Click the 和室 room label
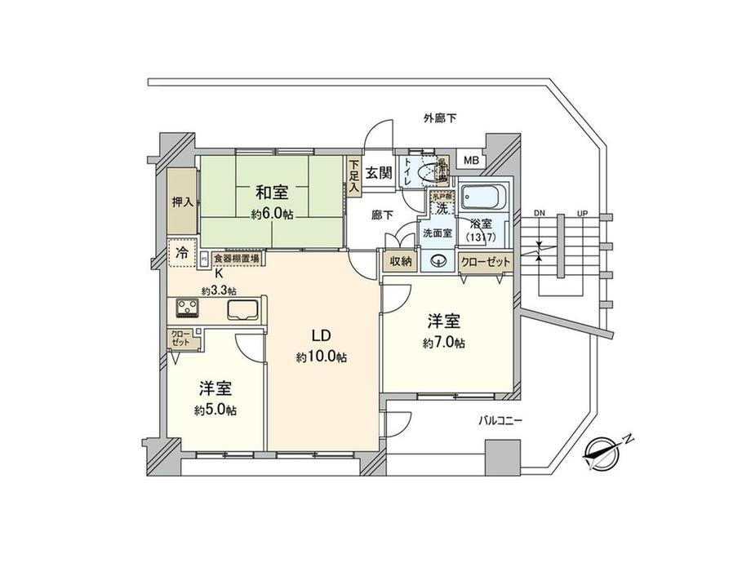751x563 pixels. pos(272,193)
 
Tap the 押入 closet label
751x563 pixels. pos(182,202)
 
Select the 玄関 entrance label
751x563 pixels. pos(379,172)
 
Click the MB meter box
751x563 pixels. pos(471,161)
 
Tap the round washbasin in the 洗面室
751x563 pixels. pos(439,262)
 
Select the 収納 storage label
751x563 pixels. pos(400,261)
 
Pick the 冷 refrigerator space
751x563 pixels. pos(180,253)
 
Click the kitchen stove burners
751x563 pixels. pos(187,309)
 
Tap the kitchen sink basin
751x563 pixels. pos(243,310)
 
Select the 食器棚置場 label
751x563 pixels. pos(237,258)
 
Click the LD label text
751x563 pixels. pos(321,335)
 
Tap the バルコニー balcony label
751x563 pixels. pos(502,421)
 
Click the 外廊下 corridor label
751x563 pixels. pos(440,118)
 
